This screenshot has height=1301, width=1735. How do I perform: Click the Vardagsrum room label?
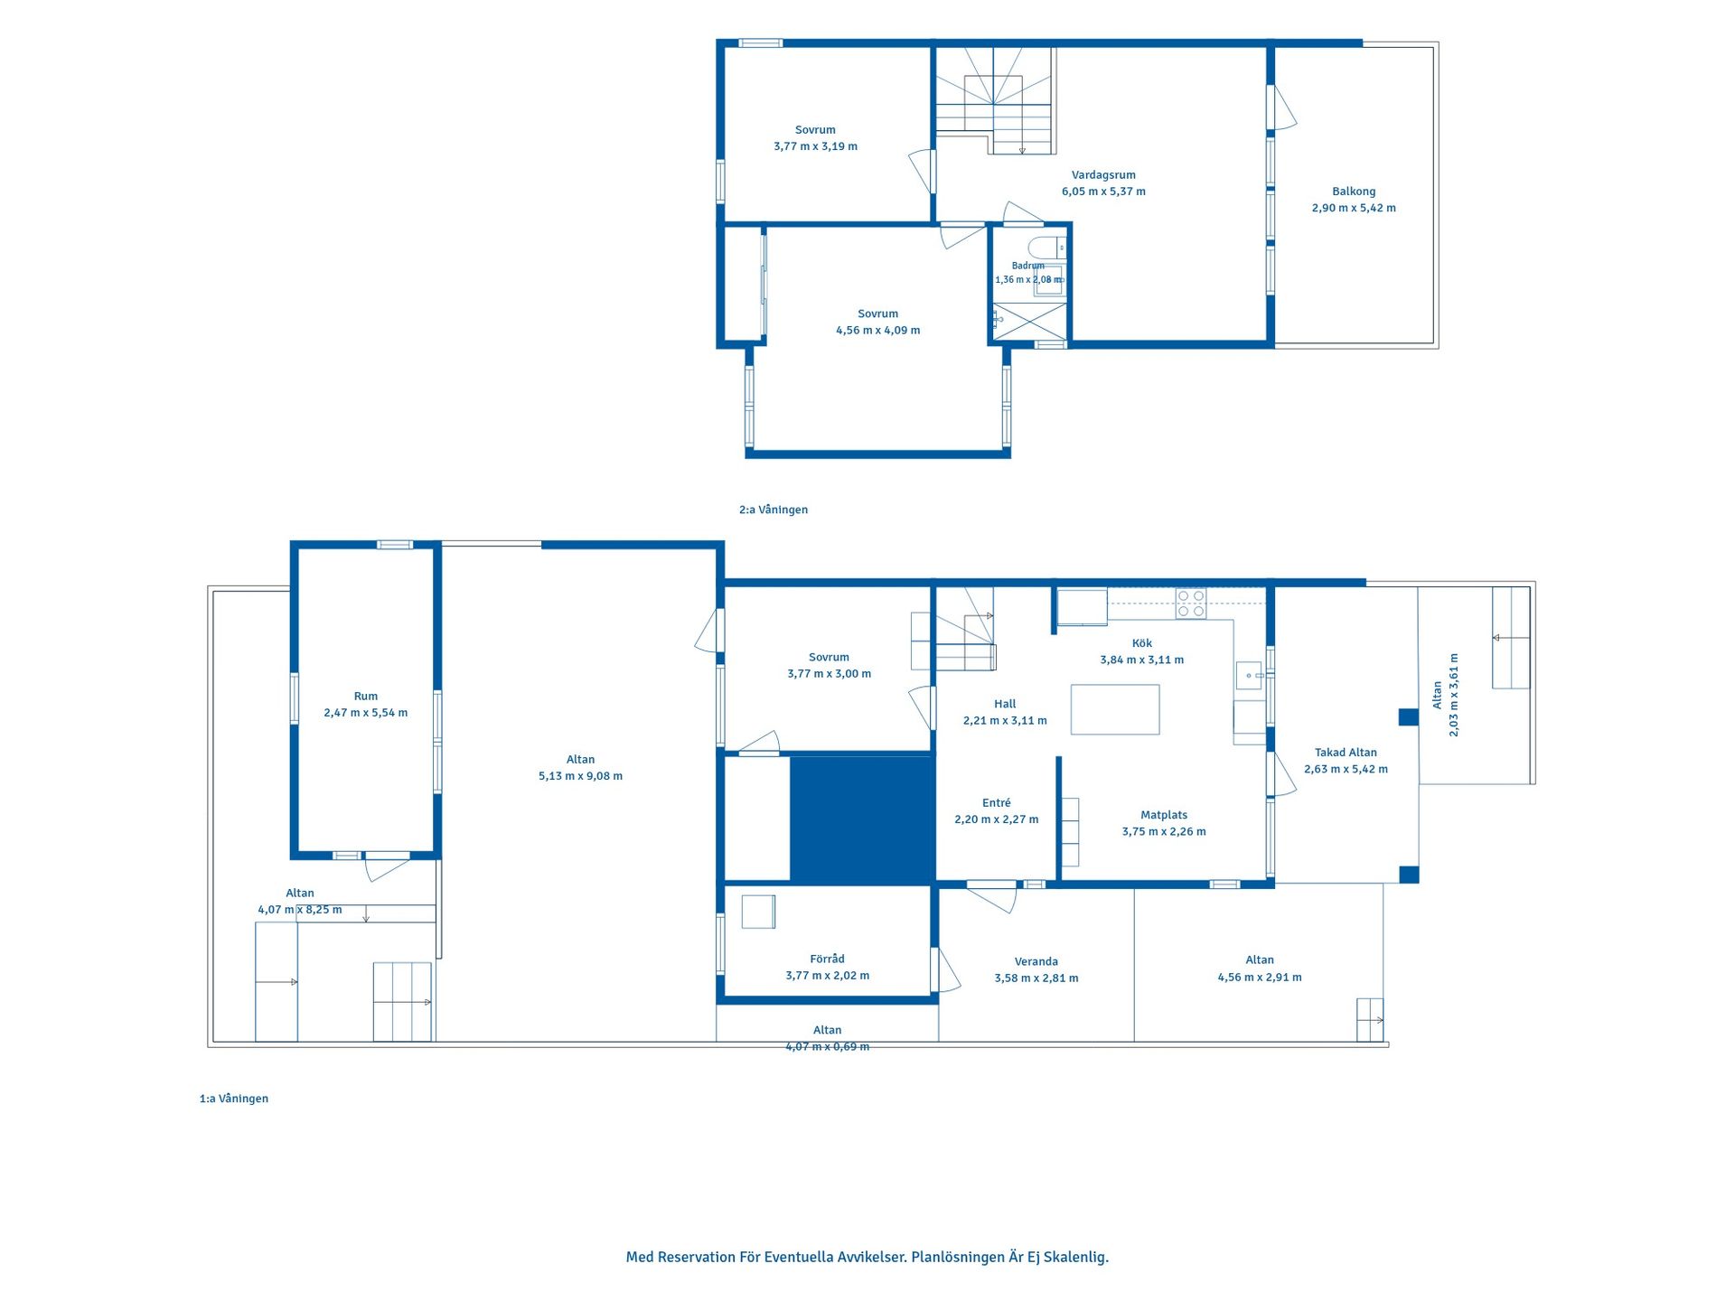(x=1103, y=175)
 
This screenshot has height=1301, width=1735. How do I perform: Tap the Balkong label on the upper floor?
(x=1354, y=192)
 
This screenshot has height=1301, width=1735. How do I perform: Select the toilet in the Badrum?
(x=1047, y=247)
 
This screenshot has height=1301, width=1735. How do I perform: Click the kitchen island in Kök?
(x=1115, y=709)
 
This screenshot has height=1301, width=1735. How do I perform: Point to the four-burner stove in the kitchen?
(x=1191, y=604)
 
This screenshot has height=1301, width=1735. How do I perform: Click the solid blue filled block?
(x=862, y=819)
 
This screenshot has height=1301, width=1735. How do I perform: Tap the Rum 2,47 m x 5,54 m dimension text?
(x=366, y=713)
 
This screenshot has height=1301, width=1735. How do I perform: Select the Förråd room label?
(x=827, y=959)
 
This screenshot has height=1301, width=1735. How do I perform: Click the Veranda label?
(x=1036, y=961)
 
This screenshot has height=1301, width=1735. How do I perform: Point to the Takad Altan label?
(x=1346, y=753)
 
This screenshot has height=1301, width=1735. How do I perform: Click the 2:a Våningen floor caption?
(x=774, y=510)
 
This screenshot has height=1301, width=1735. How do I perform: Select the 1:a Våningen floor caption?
(x=234, y=1099)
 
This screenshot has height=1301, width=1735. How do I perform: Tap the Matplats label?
(x=1164, y=815)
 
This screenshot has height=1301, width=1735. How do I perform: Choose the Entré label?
(x=997, y=803)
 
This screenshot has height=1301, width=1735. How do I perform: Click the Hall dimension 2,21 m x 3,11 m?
(x=1005, y=721)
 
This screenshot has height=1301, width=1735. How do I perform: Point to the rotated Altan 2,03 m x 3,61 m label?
(x=1445, y=695)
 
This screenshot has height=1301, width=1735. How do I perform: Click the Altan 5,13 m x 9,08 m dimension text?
(x=581, y=776)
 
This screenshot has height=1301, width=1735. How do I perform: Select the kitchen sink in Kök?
(x=1250, y=675)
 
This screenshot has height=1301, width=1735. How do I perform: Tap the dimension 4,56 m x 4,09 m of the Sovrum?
(x=878, y=331)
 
